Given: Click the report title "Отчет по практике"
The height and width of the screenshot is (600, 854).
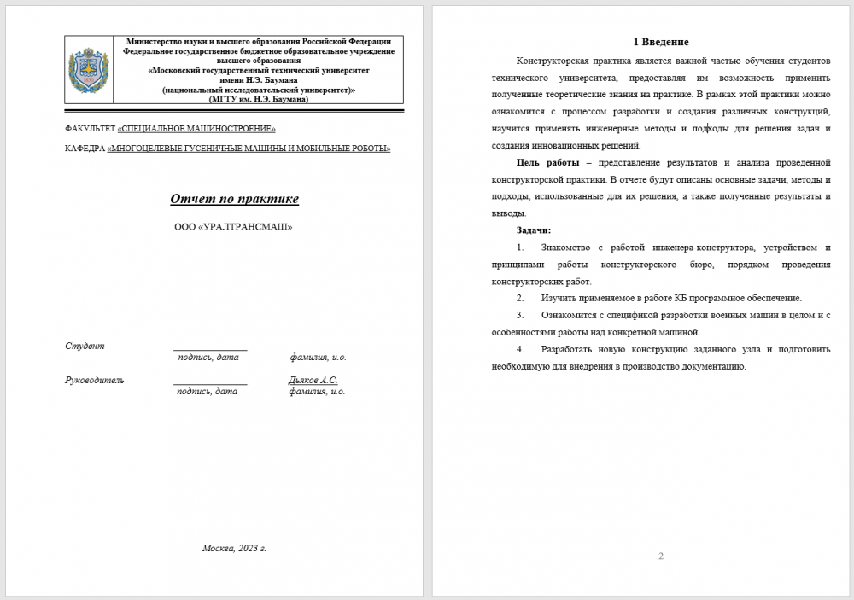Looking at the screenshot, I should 234,200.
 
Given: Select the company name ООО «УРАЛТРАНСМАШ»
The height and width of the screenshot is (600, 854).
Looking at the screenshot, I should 233,228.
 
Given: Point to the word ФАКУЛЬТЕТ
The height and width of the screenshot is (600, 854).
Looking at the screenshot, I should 90,129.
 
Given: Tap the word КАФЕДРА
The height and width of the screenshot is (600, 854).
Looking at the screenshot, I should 85,149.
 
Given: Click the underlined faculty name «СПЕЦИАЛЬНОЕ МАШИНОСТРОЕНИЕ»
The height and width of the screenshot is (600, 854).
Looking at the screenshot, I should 196,129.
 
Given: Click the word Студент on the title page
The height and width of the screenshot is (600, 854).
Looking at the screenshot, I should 85,346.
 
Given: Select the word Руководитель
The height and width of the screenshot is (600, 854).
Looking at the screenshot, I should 95,380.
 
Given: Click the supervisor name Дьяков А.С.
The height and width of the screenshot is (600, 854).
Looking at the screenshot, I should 313,380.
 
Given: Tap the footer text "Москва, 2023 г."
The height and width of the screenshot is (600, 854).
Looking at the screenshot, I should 234,548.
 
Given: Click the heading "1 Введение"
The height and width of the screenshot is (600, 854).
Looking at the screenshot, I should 660,42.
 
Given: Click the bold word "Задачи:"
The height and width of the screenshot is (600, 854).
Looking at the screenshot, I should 534,230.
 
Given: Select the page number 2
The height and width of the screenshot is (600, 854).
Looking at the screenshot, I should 661,556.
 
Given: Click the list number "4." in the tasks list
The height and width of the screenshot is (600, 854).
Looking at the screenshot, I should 520,349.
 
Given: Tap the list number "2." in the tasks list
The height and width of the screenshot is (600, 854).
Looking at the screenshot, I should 520,298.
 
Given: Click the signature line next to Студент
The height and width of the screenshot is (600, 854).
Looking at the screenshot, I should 210,348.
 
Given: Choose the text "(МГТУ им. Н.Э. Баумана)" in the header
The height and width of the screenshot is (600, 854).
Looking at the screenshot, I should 259,99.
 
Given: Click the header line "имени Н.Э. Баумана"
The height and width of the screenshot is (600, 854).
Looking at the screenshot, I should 259,80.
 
